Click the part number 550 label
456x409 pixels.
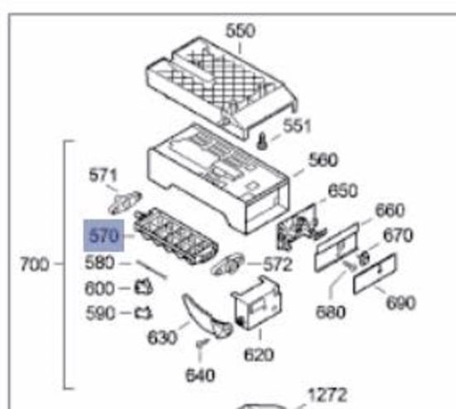pos(240,31)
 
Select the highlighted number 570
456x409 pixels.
pos(104,236)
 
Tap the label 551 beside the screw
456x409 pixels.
pos(297,126)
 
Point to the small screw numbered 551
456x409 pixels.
pos(262,141)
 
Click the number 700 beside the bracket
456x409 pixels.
pos(34,265)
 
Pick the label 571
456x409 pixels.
pos(103,175)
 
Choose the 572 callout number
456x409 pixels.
pos(278,265)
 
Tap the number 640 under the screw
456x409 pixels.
pos(201,375)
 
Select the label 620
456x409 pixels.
pos(259,354)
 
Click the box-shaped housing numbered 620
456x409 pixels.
pos(256,302)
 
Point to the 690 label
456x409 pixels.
pos(400,303)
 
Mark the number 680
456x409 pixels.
pos(331,312)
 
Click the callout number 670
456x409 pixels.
pos(398,236)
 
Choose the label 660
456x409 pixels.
pos(390,210)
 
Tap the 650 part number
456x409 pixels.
pos(342,191)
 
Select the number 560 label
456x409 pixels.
pos(323,159)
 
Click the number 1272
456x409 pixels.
pos(327,395)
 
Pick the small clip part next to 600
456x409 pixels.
pos(143,287)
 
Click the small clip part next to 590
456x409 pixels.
pos(143,314)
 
